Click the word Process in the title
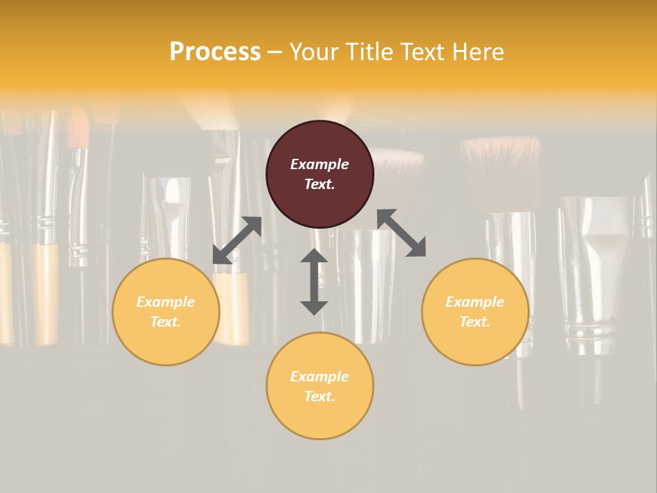pos(214,52)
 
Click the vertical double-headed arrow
pos(314,281)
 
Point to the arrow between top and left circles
pos(237,240)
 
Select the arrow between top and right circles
pos(402,233)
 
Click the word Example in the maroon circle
pos(320,164)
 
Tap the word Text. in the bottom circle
pos(320,396)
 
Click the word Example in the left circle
pos(166,302)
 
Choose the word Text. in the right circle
pos(475,322)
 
